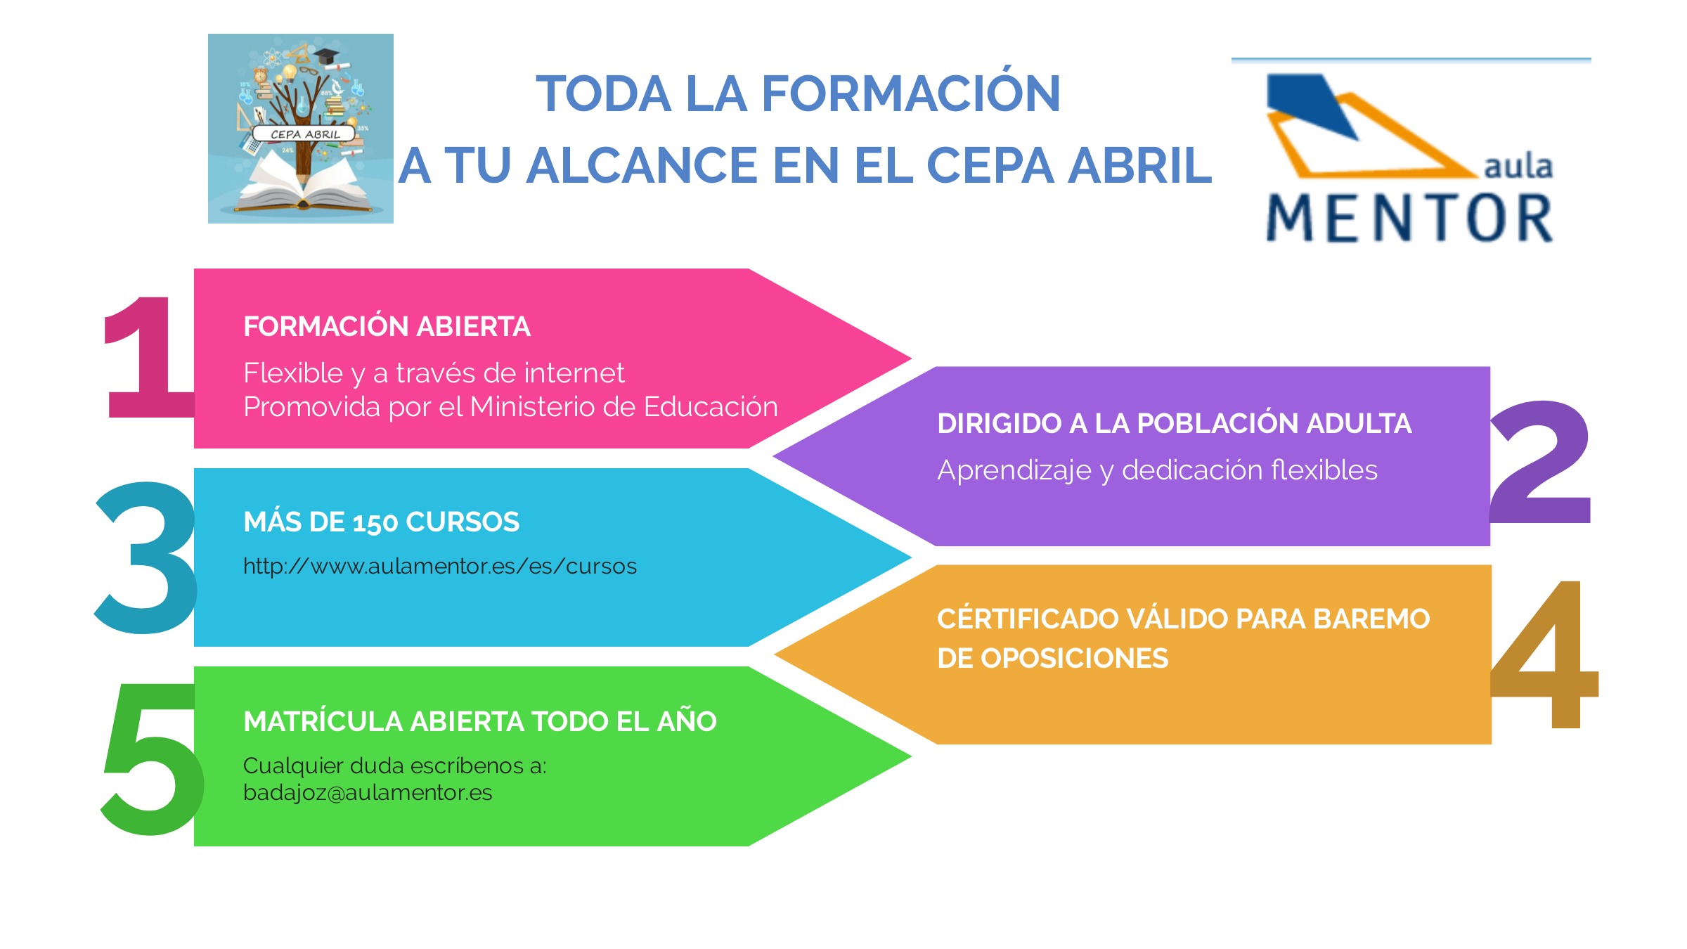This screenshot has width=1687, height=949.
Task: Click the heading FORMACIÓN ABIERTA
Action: [387, 327]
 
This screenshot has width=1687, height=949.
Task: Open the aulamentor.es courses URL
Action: [440, 567]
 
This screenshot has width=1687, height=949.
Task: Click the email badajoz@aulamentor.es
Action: [368, 793]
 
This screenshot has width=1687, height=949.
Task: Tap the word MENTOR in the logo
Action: [1410, 219]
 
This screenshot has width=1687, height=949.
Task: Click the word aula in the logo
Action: [1518, 167]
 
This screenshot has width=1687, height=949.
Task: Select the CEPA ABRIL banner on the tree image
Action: [305, 134]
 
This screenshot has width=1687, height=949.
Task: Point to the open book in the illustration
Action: [302, 186]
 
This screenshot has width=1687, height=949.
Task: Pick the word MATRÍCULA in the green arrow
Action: [323, 722]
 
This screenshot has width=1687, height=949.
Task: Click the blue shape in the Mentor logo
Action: [1311, 102]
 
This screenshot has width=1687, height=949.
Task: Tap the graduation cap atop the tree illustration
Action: [326, 56]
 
